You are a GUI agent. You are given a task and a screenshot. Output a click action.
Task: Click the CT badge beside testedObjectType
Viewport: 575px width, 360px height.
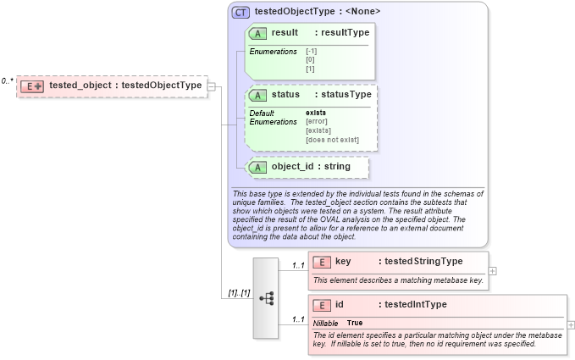pos(241,12)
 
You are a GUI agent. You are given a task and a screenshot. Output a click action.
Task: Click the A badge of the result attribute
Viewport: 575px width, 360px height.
pos(258,33)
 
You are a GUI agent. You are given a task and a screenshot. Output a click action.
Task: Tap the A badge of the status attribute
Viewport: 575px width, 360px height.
pos(258,95)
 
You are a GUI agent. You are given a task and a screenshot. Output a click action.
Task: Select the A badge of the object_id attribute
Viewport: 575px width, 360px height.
pos(258,167)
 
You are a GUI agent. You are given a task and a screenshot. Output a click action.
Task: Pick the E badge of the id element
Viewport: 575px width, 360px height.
pos(321,305)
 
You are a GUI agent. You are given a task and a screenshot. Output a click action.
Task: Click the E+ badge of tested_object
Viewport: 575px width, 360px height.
pos(32,86)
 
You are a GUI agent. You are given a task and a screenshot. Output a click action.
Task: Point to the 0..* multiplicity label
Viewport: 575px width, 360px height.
pos(7,81)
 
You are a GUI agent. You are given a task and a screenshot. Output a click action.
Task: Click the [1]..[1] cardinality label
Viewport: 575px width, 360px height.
pos(238,293)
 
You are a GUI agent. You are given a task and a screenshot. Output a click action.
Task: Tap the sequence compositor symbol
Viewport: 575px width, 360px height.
pos(266,298)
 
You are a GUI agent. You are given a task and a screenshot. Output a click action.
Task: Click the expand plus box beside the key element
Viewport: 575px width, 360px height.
pos(493,271)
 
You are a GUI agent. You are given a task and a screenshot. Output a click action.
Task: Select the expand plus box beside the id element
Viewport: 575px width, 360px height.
pos(571,324)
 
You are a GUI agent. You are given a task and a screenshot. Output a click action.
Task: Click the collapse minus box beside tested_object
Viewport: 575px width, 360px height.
pos(211,86)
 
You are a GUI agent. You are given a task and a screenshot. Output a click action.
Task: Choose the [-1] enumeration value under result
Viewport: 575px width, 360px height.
pos(312,52)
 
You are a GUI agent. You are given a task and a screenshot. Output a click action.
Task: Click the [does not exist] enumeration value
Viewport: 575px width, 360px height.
pos(332,140)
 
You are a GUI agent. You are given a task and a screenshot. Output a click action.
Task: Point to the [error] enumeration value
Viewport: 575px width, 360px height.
pos(318,122)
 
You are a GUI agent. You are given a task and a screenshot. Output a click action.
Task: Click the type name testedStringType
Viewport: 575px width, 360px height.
pos(421,262)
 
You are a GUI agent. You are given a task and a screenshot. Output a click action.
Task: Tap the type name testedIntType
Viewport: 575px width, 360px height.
pos(412,304)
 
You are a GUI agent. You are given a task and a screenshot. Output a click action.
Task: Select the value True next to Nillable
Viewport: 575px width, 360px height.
pos(355,324)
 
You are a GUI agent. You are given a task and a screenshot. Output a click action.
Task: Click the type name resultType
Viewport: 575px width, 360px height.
pos(342,32)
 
